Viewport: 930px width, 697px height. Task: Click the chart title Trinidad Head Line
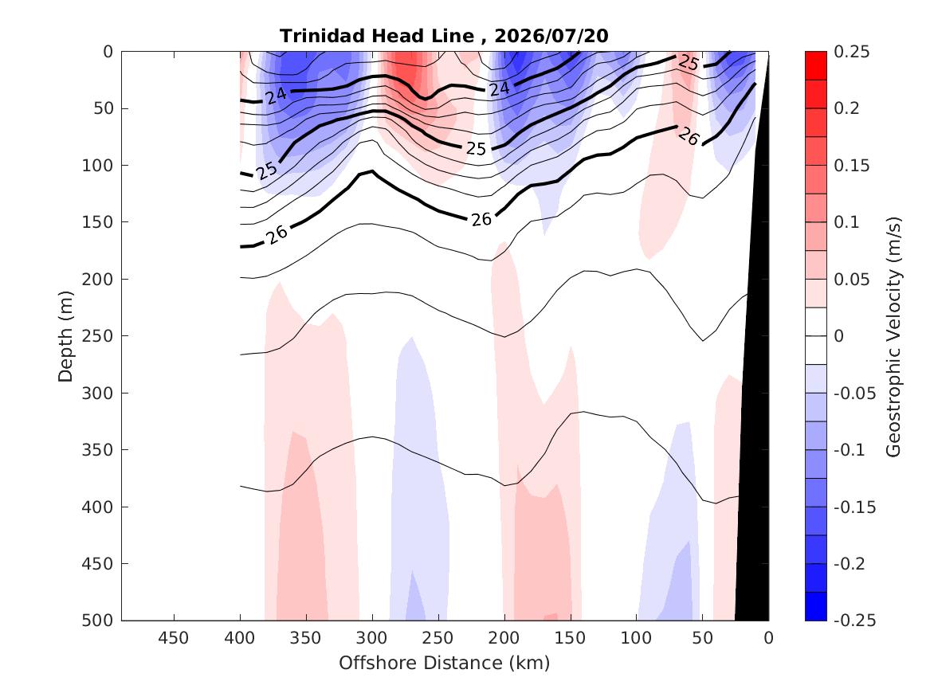377,36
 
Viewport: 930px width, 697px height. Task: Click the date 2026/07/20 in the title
551,36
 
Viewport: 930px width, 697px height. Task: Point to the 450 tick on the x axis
174,638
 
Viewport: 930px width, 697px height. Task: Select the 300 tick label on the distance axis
372,638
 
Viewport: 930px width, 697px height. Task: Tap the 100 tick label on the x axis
636,638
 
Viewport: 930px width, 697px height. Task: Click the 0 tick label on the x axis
769,638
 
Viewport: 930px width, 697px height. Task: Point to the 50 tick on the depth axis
104,108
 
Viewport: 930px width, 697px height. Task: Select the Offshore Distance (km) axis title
444,663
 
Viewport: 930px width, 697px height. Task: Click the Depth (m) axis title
65,336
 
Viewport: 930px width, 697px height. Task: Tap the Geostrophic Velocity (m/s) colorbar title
893,337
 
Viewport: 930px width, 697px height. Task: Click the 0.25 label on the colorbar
852,52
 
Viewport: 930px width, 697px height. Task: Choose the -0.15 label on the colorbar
854,507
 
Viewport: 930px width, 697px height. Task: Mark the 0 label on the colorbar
838,336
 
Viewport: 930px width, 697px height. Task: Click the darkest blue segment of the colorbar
815,606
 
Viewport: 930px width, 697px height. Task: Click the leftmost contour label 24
276,95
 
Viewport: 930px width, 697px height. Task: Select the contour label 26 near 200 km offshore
481,219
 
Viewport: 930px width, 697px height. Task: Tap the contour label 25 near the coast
689,62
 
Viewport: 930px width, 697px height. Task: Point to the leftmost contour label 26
277,234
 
